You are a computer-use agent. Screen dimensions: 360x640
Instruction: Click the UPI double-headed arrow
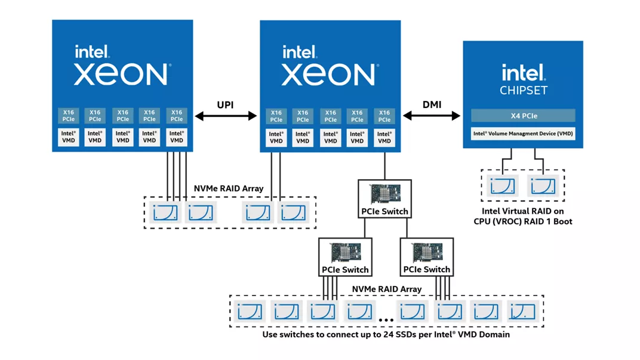click(226, 116)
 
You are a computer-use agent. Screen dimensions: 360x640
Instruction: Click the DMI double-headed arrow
click(432, 116)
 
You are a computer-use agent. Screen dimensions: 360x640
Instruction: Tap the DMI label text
click(432, 104)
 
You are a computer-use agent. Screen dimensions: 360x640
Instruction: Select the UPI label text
click(225, 105)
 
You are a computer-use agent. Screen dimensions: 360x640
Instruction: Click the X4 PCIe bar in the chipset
click(523, 116)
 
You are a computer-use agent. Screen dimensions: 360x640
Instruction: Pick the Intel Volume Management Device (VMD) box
click(523, 134)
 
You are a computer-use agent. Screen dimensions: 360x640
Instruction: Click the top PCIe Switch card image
click(384, 194)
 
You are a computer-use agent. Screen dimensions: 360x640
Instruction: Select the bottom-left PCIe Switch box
click(345, 257)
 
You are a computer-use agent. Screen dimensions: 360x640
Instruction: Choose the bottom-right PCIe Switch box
click(426, 257)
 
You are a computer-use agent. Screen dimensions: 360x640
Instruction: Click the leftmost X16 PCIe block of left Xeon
click(69, 115)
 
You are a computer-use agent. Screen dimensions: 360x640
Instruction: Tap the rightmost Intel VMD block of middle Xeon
click(384, 138)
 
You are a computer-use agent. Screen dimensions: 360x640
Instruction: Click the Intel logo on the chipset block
click(523, 73)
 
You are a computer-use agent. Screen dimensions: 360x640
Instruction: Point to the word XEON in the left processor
click(122, 75)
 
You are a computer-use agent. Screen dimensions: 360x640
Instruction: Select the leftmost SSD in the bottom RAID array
click(249, 312)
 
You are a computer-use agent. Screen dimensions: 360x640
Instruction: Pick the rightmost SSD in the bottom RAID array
click(522, 312)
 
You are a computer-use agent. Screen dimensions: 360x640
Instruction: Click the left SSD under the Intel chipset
click(502, 186)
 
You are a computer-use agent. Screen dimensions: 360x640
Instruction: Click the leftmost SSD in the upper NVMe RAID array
click(165, 213)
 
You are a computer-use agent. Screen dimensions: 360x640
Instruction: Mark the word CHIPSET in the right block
click(523, 91)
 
